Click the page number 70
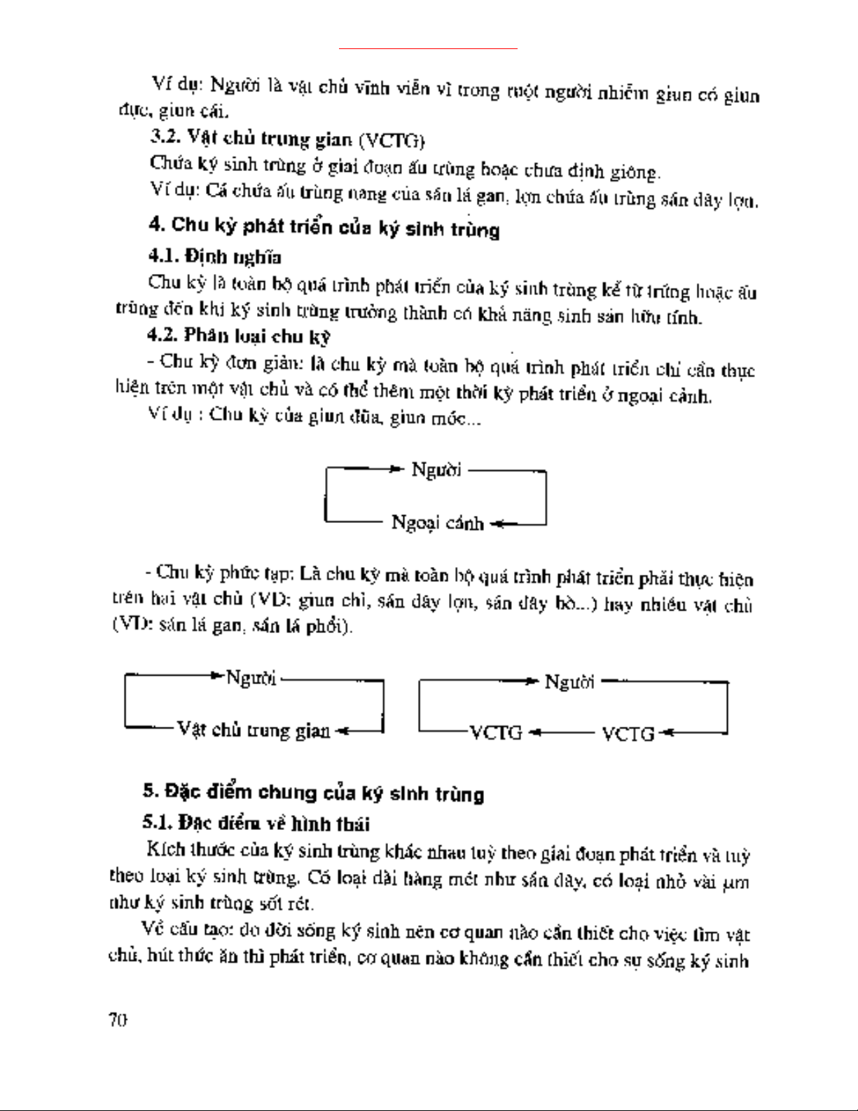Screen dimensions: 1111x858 [x=117, y=1020]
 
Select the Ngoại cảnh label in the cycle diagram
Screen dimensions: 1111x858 [x=437, y=523]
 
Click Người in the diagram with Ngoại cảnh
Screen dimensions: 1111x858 [x=436, y=470]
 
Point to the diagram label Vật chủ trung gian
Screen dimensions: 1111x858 [x=253, y=730]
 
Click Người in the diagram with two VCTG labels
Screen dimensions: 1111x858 [x=569, y=681]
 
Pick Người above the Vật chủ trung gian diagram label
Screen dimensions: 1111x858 [x=250, y=678]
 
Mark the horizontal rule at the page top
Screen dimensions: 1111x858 [x=428, y=49]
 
